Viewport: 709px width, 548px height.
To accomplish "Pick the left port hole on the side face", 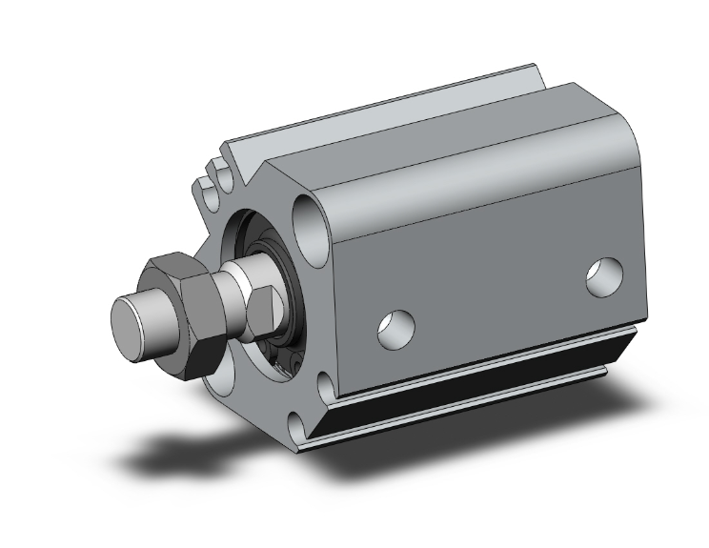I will [x=395, y=326].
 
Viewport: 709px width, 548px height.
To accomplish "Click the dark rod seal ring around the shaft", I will [x=286, y=286].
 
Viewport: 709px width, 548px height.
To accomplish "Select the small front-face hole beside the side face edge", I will [x=327, y=384].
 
